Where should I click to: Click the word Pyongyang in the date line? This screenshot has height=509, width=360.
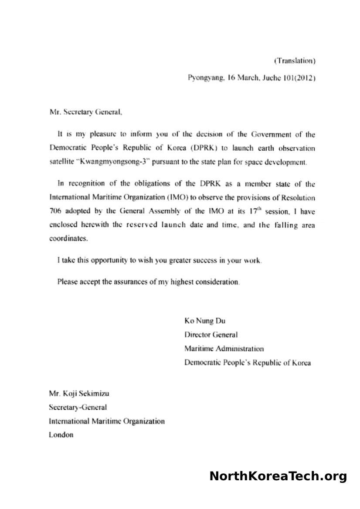(204, 79)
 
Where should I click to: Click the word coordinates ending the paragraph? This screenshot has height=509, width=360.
(68, 239)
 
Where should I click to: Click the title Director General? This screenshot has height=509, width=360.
(211, 335)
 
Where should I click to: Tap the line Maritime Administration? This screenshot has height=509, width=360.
(224, 349)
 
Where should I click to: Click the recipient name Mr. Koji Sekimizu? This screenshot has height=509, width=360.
(79, 394)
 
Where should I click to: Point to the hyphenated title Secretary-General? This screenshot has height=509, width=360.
(78, 408)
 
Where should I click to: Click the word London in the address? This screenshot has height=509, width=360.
(61, 435)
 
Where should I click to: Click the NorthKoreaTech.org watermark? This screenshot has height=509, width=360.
(278, 476)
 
